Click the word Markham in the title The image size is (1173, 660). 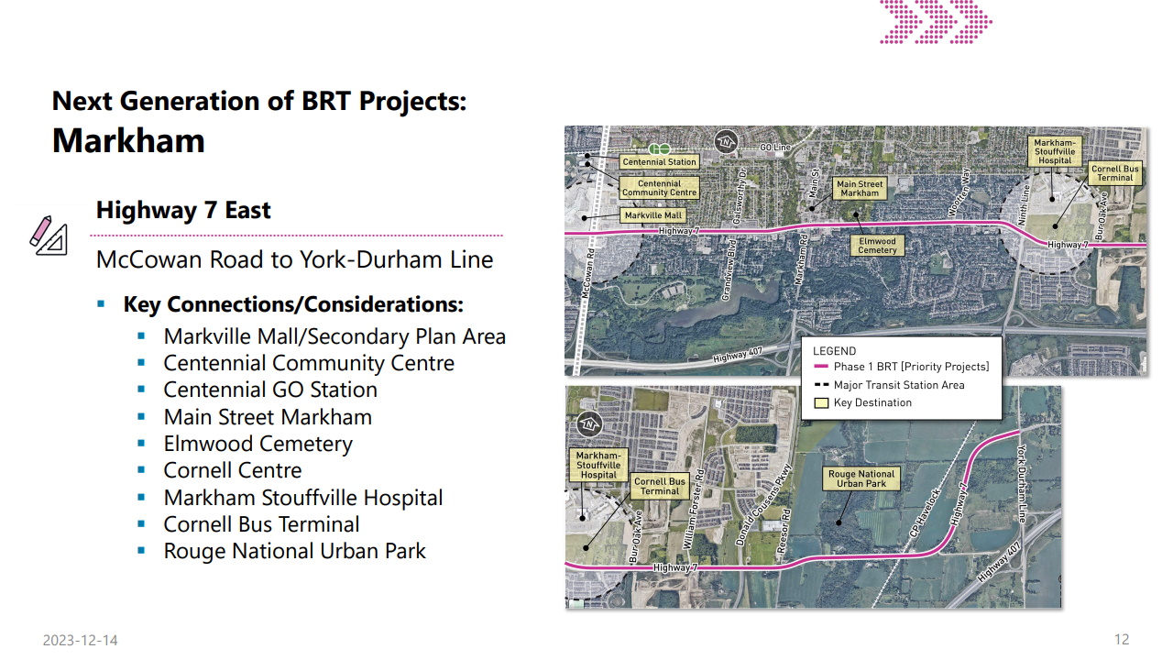[x=128, y=140]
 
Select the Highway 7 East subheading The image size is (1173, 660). [x=183, y=210]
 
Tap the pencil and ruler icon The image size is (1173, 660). [x=49, y=236]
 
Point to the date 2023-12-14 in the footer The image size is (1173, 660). [x=80, y=640]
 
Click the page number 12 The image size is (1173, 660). [x=1122, y=640]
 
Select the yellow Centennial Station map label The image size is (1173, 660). [x=659, y=162]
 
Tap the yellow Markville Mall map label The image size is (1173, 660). [x=653, y=215]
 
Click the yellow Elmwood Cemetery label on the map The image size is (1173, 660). [x=877, y=246]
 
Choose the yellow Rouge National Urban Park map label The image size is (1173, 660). [x=861, y=478]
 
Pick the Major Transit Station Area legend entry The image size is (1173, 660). [x=889, y=385]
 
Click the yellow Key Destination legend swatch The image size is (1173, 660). [x=821, y=402]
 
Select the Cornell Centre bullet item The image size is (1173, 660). [x=233, y=470]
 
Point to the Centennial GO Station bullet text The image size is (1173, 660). [x=270, y=390]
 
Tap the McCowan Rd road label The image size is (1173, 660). [x=588, y=273]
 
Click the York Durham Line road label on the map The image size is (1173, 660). [x=1022, y=483]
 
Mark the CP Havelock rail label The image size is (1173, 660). [x=925, y=512]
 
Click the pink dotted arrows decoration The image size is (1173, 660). [x=936, y=21]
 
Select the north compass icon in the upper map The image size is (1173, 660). [x=726, y=141]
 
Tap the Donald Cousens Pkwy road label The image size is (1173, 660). [x=762, y=504]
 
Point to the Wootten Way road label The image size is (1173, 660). [x=959, y=192]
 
